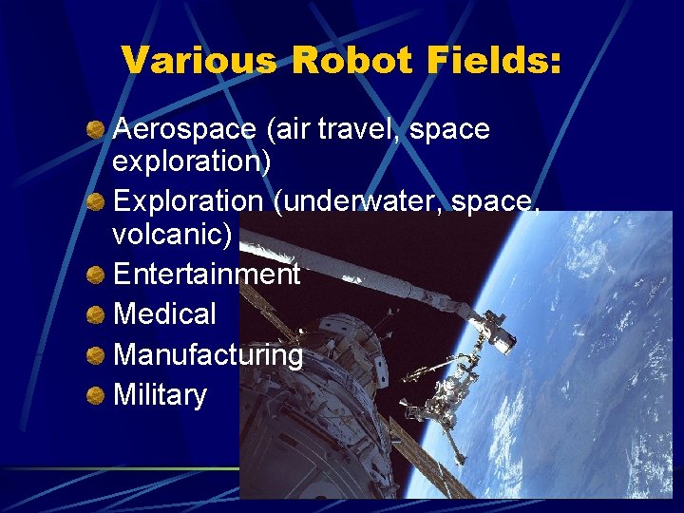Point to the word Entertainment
(206, 275)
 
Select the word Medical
(164, 313)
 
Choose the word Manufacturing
(208, 354)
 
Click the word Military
(160, 394)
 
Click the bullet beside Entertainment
(96, 275)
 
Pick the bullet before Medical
(96, 314)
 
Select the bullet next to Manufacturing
(96, 354)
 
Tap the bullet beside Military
(96, 394)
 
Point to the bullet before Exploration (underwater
(96, 201)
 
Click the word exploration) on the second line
(191, 161)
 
